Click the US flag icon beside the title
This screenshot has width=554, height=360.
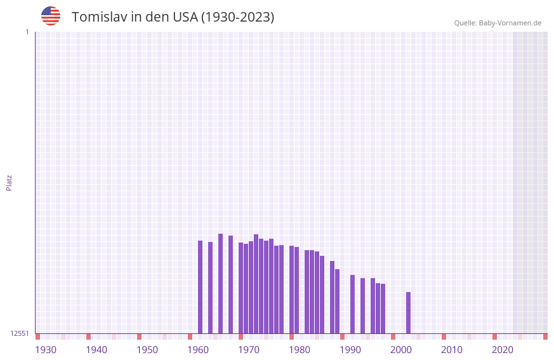[x=51, y=16]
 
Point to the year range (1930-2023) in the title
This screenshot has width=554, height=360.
[x=238, y=17]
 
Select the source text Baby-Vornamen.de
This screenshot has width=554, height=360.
[x=510, y=23]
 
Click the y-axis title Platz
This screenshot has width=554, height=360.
[x=9, y=182]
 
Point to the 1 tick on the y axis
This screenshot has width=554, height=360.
[x=27, y=32]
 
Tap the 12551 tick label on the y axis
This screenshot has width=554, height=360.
[x=20, y=333]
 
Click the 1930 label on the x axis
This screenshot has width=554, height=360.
[x=46, y=350]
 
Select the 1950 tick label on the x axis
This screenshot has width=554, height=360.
[x=147, y=350]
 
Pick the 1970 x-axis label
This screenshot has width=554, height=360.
[x=249, y=350]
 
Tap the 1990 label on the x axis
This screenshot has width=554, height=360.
[x=350, y=350]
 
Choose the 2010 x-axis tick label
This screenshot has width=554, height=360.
[x=452, y=350]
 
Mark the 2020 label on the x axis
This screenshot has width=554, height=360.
[x=503, y=350]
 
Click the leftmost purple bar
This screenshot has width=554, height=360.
[x=201, y=287]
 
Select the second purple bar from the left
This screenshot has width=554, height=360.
[x=211, y=288]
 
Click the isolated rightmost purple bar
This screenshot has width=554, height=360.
[x=409, y=312]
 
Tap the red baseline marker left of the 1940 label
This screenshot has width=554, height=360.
[x=89, y=337]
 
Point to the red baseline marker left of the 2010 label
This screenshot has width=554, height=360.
[x=444, y=337]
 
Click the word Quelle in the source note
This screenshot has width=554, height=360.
[x=465, y=23]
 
